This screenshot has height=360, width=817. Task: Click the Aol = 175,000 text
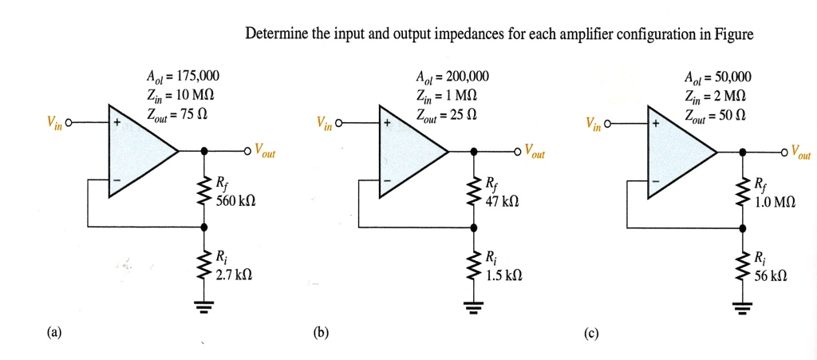point(184,77)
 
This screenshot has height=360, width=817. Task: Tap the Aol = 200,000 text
point(452,77)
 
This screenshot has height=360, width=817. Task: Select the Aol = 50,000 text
point(717,77)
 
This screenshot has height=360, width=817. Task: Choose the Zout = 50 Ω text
point(714,116)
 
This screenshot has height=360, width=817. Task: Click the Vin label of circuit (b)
point(324,125)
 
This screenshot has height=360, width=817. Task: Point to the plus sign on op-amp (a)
point(116,125)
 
